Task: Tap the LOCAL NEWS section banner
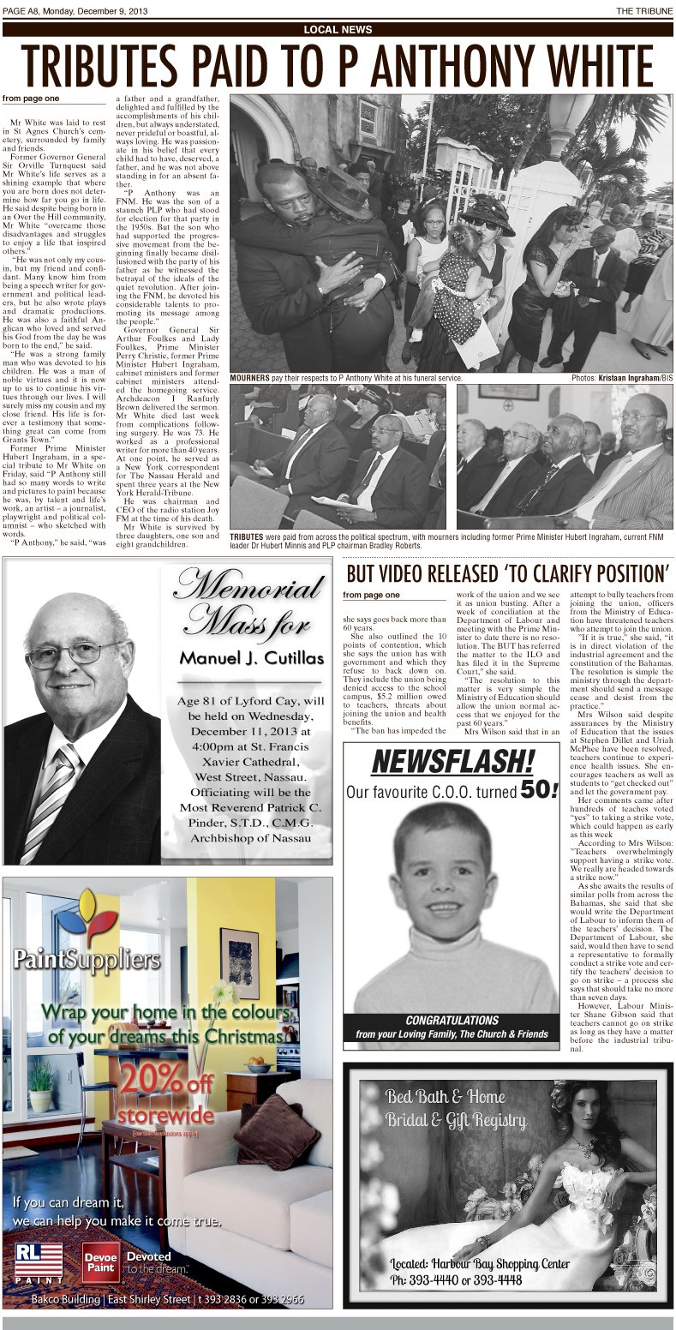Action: tap(338, 30)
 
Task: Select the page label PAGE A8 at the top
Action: tap(24, 10)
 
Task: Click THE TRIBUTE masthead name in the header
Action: tap(644, 10)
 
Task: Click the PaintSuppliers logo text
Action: tap(86, 958)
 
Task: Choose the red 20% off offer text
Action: tap(165, 1081)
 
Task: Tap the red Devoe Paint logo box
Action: tap(100, 1261)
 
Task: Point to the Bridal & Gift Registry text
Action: tap(455, 1120)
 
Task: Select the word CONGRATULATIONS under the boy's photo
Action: tap(452, 1021)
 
